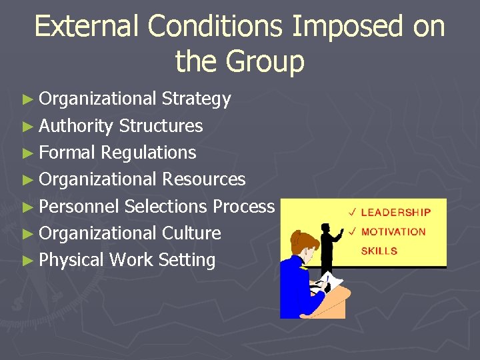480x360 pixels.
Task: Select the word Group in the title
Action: [265, 61]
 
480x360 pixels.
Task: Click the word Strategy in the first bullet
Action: [197, 99]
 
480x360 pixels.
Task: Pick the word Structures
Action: [161, 126]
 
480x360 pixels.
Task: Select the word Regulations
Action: [149, 153]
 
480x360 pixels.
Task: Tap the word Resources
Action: [204, 179]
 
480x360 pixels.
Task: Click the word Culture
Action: [192, 233]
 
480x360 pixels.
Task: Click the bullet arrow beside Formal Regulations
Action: [27, 153]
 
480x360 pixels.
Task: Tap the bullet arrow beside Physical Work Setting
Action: [27, 261]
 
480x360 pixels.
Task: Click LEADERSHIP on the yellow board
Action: [396, 213]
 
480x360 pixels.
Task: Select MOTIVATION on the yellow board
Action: [393, 232]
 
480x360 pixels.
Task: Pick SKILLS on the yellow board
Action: [379, 251]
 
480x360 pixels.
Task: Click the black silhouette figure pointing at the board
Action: [328, 244]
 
